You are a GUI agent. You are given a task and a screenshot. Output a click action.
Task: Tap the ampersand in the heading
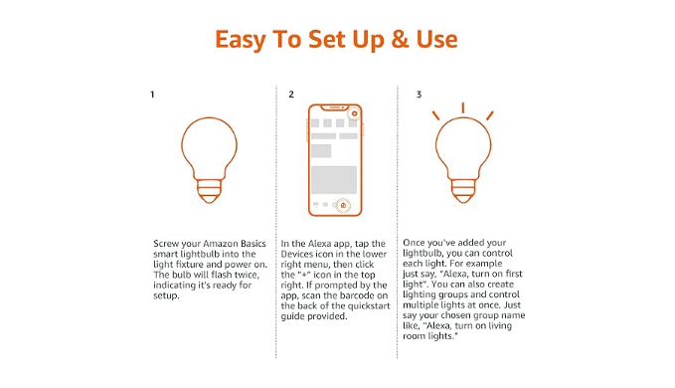pos(400,39)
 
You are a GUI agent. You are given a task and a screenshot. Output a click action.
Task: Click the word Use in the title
pos(436,39)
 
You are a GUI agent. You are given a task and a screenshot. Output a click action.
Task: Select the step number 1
pos(152,95)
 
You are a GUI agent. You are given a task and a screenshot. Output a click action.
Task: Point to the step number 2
pos(291,95)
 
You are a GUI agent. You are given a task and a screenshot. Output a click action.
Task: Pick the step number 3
pos(419,95)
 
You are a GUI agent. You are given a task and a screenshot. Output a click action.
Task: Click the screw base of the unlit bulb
pos(209,191)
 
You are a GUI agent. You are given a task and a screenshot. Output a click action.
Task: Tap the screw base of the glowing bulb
pos(463,191)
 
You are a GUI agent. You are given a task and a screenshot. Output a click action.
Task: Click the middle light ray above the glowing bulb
pos(463,107)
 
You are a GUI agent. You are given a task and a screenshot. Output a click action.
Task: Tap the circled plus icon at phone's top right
pos(354,113)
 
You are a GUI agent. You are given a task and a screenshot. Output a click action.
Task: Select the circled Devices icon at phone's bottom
pos(343,205)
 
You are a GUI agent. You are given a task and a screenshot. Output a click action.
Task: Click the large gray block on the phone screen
pos(334,180)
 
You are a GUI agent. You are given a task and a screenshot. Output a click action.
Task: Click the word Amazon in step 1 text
pos(220,244)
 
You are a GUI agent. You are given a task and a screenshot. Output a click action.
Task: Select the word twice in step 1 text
pos(247,275)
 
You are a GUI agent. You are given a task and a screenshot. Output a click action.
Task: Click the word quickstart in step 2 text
pos(369,306)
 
